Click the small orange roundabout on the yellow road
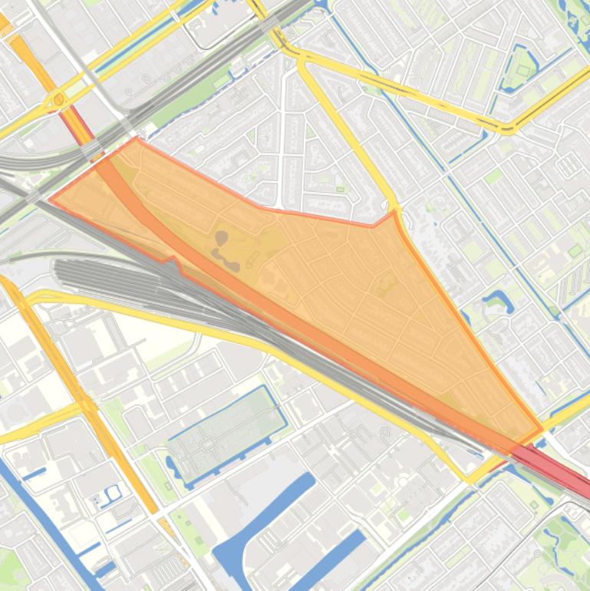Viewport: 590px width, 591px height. point(58,99)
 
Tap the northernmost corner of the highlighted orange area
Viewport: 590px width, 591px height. point(137,139)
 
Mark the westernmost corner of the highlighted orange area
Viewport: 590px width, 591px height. point(51,200)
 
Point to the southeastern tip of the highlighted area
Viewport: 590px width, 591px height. point(542,430)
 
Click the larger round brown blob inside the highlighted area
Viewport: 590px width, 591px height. point(221,237)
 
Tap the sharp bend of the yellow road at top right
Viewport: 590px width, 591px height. point(507,128)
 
